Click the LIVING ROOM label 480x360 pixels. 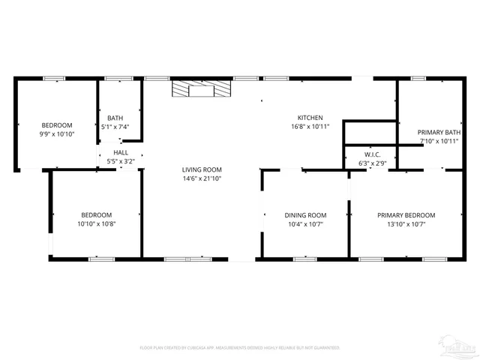click(202, 170)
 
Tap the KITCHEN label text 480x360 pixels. click(310, 118)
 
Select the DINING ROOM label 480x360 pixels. click(305, 215)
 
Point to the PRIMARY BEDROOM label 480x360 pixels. click(406, 215)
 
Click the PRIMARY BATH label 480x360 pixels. click(439, 133)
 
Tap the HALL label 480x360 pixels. click(120, 152)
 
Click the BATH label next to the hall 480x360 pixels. click(115, 118)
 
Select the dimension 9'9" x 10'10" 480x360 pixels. click(57, 133)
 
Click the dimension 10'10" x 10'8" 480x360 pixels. click(96, 223)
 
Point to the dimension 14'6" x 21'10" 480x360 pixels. click(202, 178)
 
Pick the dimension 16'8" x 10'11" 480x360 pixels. click(310, 127)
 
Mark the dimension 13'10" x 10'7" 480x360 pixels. click(406, 223)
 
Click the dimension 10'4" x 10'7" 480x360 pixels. click(305, 223)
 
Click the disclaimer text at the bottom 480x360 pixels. click(240, 347)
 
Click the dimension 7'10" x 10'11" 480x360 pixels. click(439, 141)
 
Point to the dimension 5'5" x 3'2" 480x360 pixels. click(120, 160)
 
